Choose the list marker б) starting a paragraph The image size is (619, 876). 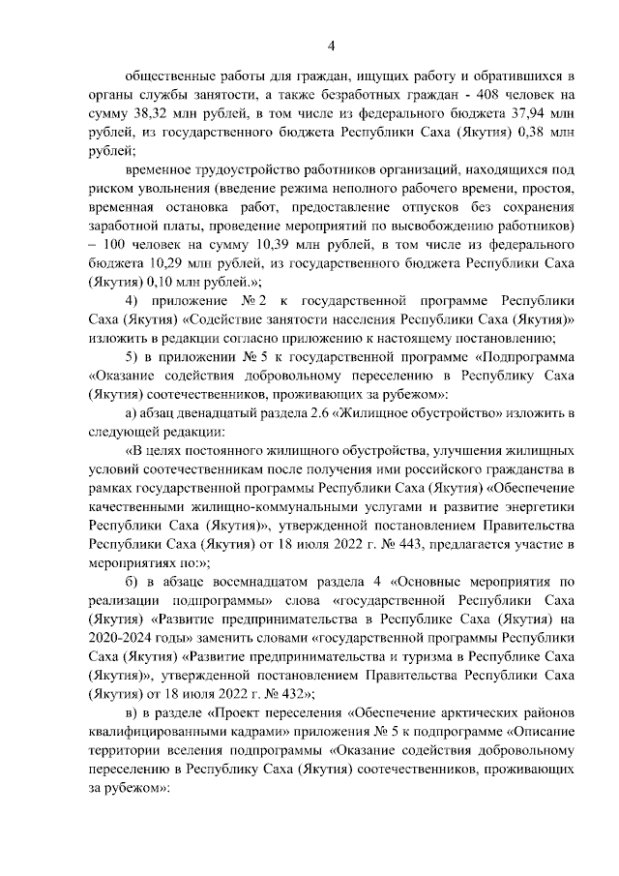coord(135,581)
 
